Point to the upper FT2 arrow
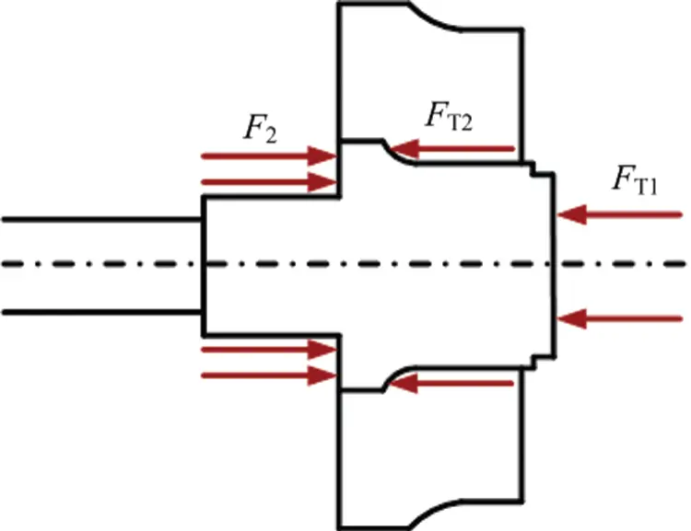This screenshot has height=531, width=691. (451, 147)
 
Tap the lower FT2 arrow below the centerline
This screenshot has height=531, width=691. (451, 383)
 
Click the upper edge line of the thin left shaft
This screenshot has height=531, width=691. (101, 219)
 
